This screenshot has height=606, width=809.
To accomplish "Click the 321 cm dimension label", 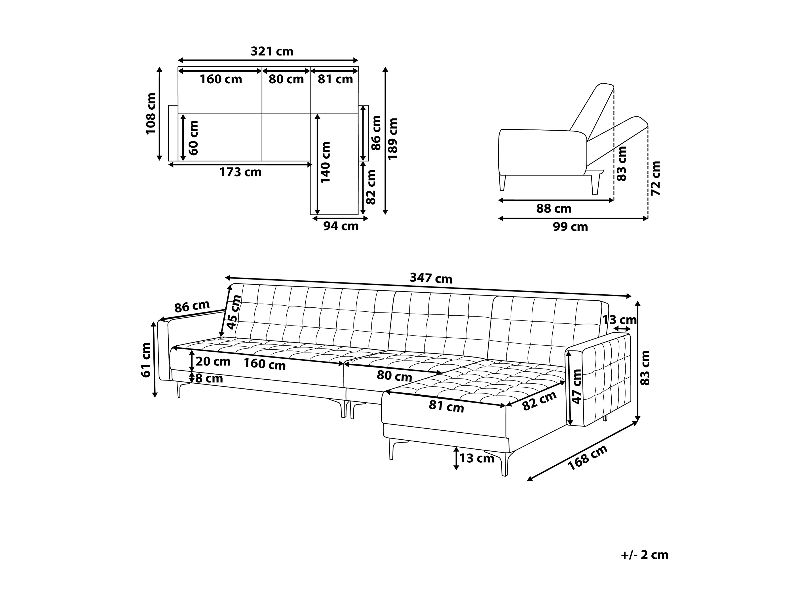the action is (272, 52).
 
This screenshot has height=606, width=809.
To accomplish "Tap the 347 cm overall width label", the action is (430, 278).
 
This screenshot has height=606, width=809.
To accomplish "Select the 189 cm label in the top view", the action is (392, 139).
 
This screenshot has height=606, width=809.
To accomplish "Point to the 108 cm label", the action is (151, 114).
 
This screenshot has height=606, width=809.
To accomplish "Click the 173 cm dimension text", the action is (240, 172).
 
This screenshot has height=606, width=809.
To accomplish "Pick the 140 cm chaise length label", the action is (325, 163).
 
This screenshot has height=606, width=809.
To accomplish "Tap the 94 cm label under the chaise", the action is (341, 226).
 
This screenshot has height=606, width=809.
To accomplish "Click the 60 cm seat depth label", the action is (193, 138).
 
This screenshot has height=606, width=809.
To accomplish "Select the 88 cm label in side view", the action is (554, 209).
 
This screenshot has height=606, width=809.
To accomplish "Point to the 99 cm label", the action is (570, 227).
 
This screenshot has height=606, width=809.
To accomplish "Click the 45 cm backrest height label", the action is (233, 312).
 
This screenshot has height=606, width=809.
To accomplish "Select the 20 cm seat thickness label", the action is (213, 362).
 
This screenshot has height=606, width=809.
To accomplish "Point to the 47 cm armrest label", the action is (577, 386).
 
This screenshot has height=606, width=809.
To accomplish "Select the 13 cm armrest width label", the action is (619, 320).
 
